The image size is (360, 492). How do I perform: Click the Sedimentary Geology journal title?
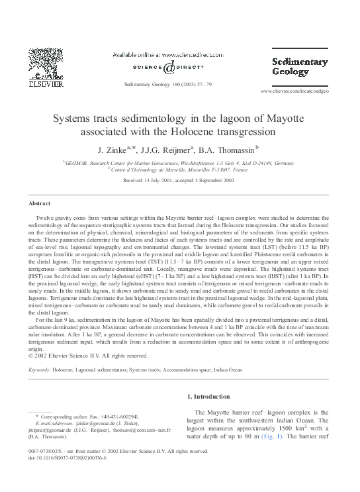[300, 68]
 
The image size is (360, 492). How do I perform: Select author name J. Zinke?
[113, 149]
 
